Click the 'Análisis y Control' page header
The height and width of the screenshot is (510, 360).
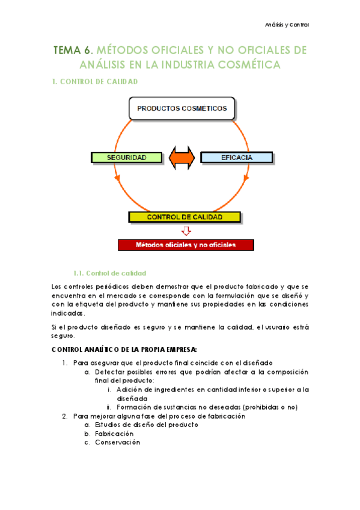[x=287, y=25]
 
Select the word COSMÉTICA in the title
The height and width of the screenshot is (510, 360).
[x=250, y=63]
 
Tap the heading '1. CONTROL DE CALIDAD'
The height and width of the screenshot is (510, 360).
[x=96, y=81]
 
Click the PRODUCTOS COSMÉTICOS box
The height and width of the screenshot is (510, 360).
[x=182, y=109]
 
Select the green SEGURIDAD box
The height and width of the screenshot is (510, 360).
[x=127, y=158]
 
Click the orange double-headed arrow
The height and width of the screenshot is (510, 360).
[x=182, y=158]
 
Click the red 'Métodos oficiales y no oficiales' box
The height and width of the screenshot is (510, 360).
[x=186, y=245]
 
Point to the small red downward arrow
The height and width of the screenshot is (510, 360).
[x=185, y=231]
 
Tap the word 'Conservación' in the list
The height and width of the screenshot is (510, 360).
[x=118, y=442]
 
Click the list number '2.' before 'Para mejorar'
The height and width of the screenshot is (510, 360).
[x=66, y=416]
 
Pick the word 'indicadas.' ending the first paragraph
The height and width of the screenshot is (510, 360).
[x=69, y=313]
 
